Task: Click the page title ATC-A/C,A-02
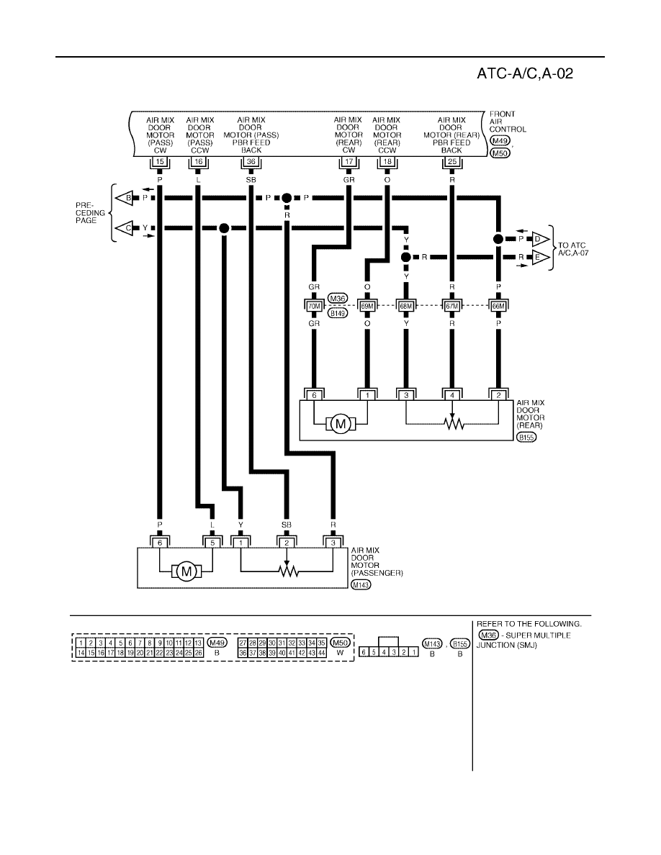click(x=525, y=73)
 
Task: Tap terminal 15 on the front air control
click(x=160, y=162)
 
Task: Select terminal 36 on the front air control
click(x=251, y=162)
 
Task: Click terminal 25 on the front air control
click(x=452, y=162)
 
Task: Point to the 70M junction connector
click(x=314, y=306)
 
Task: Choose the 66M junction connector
click(x=498, y=306)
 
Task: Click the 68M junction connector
click(x=406, y=306)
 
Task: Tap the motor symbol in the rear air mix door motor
click(x=341, y=424)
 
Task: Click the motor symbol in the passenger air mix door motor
click(x=186, y=571)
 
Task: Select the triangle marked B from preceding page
click(x=125, y=198)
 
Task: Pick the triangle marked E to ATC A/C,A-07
click(x=541, y=258)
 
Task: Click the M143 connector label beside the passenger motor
click(x=361, y=585)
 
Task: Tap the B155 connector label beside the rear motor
click(x=527, y=438)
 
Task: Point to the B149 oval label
click(x=338, y=314)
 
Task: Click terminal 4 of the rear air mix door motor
click(x=452, y=395)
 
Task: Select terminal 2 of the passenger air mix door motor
click(x=287, y=543)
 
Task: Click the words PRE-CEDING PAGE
click(x=90, y=213)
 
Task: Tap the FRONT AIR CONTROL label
click(x=507, y=122)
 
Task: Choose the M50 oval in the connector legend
click(x=340, y=643)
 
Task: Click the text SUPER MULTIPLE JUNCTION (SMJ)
click(x=523, y=640)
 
